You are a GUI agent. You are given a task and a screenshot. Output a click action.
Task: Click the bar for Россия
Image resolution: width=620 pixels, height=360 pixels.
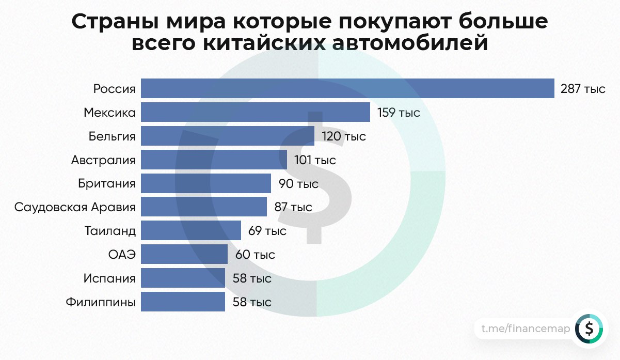point(347,88)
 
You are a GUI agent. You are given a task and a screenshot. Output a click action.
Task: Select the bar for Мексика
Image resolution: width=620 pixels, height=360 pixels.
point(255,112)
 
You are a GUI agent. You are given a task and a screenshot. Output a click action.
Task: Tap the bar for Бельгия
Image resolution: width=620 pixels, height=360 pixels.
point(227,136)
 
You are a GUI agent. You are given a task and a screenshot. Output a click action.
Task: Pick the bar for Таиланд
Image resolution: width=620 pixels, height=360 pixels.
point(190,230)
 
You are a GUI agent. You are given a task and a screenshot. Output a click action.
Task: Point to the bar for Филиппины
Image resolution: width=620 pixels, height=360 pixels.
point(183,302)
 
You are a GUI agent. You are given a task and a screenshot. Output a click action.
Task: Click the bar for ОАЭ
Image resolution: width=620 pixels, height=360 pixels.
point(184,254)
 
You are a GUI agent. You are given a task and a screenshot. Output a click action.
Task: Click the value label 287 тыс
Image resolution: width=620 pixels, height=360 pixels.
point(583,89)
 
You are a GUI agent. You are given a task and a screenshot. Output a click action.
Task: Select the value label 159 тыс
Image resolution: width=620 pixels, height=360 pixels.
point(399,113)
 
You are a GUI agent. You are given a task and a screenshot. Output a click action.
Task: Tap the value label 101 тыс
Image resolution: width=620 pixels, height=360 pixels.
point(315,160)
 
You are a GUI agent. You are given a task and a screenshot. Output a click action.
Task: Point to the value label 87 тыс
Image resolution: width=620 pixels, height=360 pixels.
point(293,207)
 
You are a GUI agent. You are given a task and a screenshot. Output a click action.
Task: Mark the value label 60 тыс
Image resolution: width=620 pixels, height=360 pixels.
point(255,255)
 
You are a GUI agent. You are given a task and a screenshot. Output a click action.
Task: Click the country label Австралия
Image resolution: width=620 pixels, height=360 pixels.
point(103,160)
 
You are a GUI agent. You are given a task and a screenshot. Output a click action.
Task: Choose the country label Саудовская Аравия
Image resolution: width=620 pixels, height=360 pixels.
point(75,207)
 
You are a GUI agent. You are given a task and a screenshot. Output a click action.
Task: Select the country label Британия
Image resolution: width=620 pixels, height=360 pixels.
point(107,183)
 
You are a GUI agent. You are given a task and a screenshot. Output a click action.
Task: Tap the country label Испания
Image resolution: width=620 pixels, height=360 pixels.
point(109,278)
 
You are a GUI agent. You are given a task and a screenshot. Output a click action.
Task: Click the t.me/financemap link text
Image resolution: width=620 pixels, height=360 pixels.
point(526,328)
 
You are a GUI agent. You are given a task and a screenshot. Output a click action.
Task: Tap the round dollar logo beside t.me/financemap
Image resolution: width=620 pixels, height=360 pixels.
point(589,328)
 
